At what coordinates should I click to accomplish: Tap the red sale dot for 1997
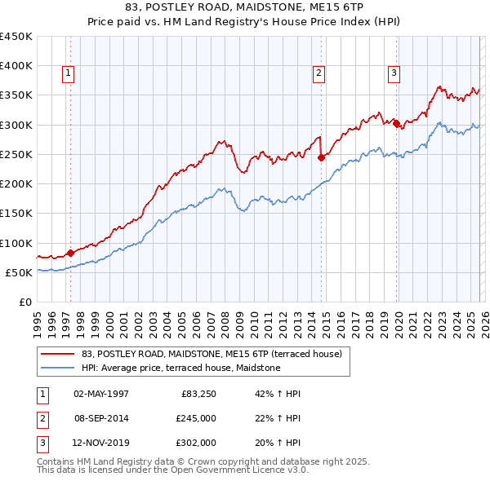(x=70, y=253)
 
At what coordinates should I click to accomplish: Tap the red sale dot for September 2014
(x=321, y=157)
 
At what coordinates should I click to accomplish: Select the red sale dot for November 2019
(x=396, y=124)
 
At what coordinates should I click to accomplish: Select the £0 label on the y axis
(x=24, y=302)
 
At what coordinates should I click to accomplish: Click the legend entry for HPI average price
(x=180, y=368)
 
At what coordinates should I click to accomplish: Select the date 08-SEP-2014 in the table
(x=101, y=418)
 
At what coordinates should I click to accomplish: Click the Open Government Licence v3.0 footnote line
(x=172, y=470)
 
